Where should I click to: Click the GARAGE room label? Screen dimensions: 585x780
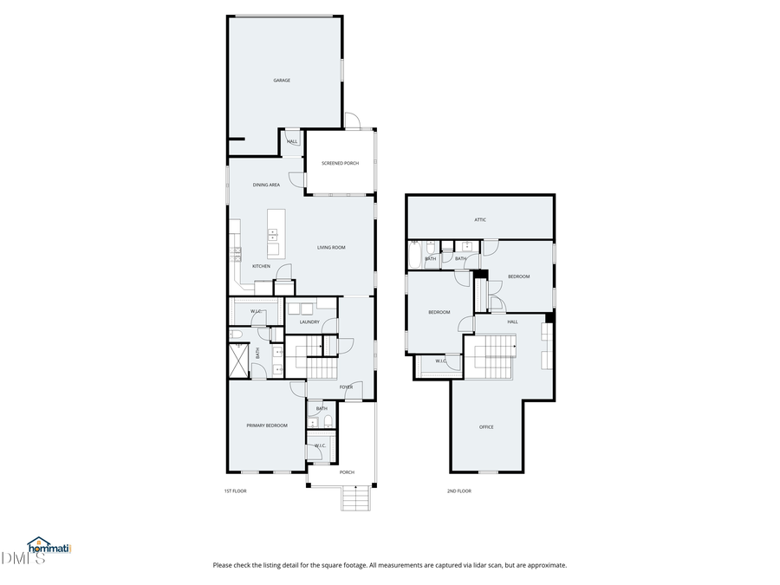[282, 81]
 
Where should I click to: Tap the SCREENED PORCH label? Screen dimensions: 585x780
[340, 163]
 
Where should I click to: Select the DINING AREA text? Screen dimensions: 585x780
[266, 185]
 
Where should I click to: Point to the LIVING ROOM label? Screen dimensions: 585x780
[331, 248]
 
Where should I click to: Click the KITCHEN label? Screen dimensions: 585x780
[261, 266]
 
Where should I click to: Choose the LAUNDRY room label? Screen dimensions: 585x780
[309, 322]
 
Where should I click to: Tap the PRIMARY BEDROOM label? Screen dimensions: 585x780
[266, 426]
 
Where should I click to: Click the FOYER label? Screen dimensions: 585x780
[346, 387]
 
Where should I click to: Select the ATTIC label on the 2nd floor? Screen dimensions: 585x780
[480, 220]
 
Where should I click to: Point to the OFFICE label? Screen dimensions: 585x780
[486, 427]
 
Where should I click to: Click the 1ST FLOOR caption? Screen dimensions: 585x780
[236, 491]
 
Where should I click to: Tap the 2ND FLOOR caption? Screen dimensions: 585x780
[458, 491]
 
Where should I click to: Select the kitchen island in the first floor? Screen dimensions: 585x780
[273, 232]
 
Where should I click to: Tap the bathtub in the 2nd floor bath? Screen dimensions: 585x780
[414, 256]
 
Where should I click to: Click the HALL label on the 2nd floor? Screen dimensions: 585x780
[512, 322]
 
